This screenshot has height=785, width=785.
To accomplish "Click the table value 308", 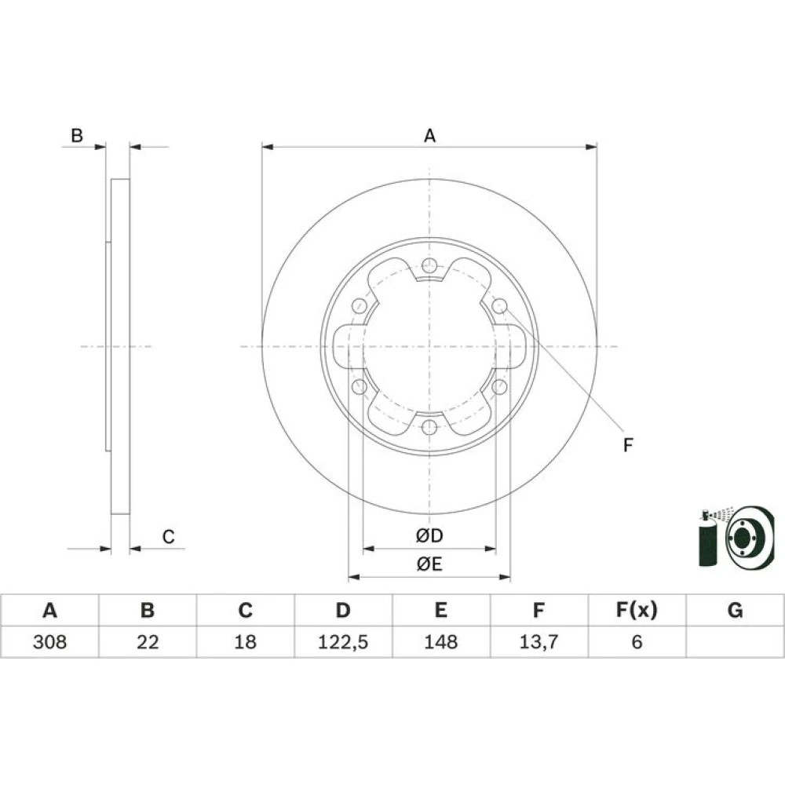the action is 49,642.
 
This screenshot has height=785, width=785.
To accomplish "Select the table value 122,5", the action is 343,642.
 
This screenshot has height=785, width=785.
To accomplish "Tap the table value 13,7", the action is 539,642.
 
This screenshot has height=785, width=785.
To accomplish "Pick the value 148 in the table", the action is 440,642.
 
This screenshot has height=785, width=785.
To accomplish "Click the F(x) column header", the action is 637,610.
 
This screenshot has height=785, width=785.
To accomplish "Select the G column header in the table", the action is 735,610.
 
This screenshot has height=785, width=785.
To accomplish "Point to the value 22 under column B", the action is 148,642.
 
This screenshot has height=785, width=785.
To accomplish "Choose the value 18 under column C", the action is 245,642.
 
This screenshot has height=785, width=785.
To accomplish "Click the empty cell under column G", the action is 735,642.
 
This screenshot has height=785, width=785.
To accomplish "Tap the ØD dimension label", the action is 429,535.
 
